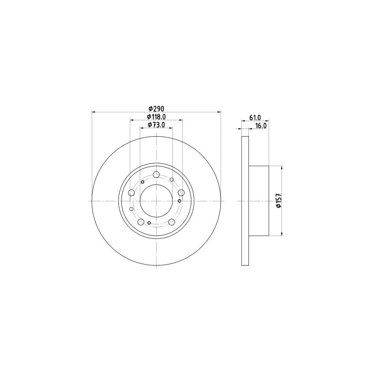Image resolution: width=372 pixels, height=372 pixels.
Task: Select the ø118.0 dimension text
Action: (157, 117)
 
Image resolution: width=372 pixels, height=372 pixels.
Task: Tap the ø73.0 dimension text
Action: (157, 125)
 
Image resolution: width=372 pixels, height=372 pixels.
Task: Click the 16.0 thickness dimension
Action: (261, 126)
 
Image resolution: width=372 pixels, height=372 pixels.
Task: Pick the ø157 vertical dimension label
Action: (279, 201)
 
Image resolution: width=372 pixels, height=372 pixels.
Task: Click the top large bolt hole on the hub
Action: (156, 174)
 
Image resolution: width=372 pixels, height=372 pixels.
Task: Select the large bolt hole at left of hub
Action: (132, 193)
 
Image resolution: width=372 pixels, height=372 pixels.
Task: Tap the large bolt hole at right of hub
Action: (181, 193)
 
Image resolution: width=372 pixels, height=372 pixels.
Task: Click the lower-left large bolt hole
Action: (141, 222)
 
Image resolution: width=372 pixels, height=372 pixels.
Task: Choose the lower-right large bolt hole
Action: (172, 222)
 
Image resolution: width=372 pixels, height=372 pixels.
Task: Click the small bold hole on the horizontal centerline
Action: (179, 201)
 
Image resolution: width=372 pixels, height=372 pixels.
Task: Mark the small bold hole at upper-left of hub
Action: (143, 182)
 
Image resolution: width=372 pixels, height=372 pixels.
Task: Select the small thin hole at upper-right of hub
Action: (172, 179)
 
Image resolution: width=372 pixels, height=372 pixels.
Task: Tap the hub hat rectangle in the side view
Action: (259, 201)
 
